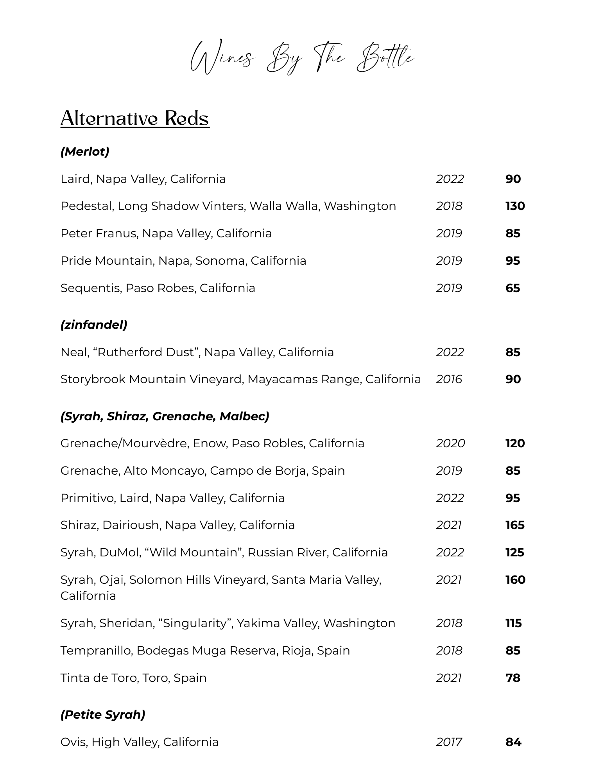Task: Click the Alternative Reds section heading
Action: click(135, 118)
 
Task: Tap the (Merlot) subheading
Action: click(85, 151)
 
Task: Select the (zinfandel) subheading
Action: click(94, 325)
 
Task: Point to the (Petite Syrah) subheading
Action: click(103, 714)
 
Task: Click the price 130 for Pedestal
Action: click(515, 206)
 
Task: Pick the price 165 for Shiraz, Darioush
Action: click(515, 525)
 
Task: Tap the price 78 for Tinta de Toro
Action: click(513, 678)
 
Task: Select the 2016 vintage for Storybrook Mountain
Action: click(449, 379)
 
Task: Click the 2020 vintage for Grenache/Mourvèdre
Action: click(450, 443)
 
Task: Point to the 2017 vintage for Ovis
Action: click(449, 742)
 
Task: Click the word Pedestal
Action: click(86, 206)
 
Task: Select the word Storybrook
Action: click(93, 379)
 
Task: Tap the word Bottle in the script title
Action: click(385, 59)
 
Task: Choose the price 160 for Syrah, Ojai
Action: click(515, 579)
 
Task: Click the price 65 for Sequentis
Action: click(513, 288)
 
